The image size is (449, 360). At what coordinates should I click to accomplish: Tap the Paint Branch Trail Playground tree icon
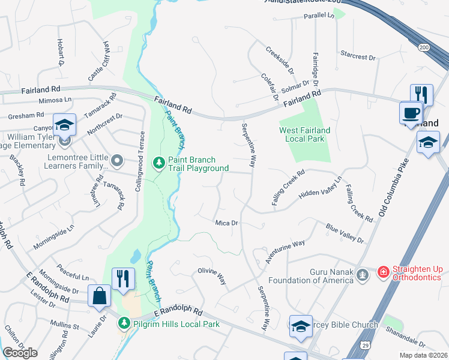[159, 162]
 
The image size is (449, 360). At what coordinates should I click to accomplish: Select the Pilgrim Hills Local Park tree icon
[124, 323]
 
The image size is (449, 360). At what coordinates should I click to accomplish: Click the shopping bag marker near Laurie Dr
[98, 295]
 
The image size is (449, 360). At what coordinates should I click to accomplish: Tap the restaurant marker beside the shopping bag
[123, 278]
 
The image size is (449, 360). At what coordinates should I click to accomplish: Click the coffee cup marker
[411, 112]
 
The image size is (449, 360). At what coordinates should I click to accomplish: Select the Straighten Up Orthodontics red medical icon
[383, 274]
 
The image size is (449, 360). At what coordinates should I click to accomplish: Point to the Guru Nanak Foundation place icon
[361, 275]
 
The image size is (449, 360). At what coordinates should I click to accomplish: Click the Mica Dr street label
[227, 223]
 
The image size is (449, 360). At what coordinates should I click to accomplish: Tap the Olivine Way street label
[212, 276]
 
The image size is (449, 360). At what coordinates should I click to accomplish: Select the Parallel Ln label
[319, 16]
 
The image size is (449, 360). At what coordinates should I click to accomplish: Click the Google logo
[20, 353]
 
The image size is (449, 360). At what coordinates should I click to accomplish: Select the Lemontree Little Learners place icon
[117, 161]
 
